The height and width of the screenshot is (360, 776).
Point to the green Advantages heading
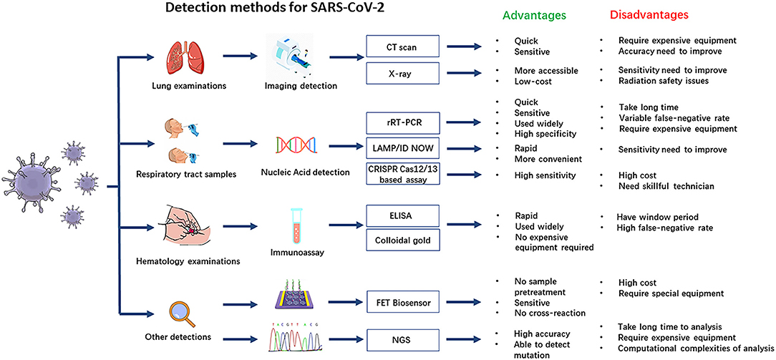(533, 14)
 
